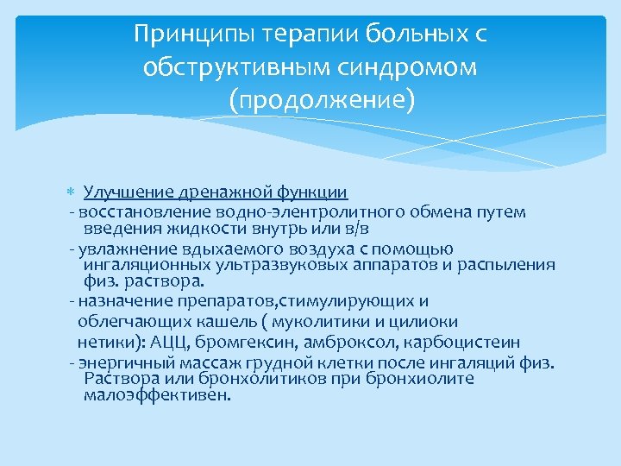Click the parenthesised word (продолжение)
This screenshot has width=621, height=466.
click(322, 101)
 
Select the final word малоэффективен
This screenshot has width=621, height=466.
click(158, 396)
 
